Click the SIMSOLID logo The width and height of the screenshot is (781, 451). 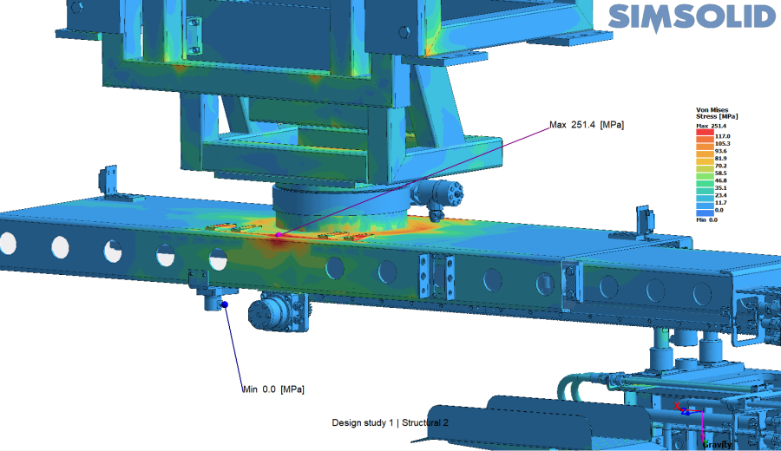692,18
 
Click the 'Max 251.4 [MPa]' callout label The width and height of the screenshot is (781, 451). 587,125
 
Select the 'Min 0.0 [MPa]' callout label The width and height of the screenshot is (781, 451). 273,389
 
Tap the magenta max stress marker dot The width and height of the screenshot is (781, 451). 279,234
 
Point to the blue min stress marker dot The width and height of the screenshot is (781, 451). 225,304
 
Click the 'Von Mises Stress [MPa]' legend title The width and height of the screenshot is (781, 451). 717,113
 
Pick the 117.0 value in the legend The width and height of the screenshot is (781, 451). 722,136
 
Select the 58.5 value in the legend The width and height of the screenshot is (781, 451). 721,173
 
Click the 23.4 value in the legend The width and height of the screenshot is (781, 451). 721,195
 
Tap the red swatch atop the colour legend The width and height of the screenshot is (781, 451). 705,133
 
